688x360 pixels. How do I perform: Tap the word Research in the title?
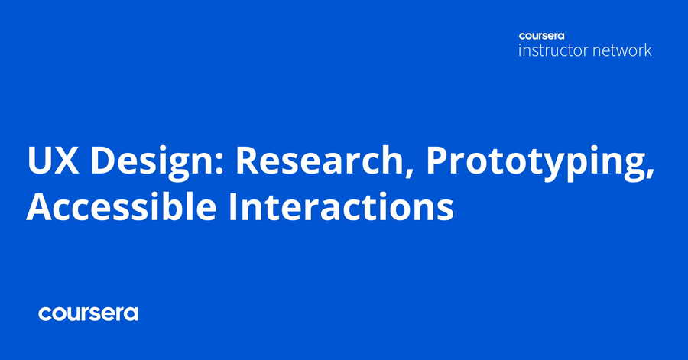click(x=320, y=159)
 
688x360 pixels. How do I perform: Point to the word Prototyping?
click(x=536, y=162)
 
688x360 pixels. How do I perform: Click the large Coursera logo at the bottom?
click(x=88, y=313)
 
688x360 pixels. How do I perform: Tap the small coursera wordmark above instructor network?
click(x=541, y=36)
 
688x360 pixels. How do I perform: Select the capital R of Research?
click(x=248, y=160)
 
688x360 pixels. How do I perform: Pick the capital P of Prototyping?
click(x=436, y=160)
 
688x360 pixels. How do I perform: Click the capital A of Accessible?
click(x=40, y=206)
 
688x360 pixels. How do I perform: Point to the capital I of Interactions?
click(x=233, y=206)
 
